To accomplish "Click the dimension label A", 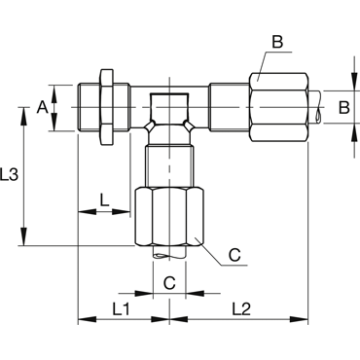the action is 42,107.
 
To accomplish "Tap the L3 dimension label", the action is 9,175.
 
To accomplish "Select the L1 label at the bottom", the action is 122,309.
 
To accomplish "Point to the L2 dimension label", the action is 241,309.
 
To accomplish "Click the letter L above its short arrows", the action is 104,200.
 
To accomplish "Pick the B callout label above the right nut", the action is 277,42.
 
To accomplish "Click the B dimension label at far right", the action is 344,107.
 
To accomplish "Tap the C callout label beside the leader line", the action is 234,255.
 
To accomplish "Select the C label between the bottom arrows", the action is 169,283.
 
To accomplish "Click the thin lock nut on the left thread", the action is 107,107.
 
